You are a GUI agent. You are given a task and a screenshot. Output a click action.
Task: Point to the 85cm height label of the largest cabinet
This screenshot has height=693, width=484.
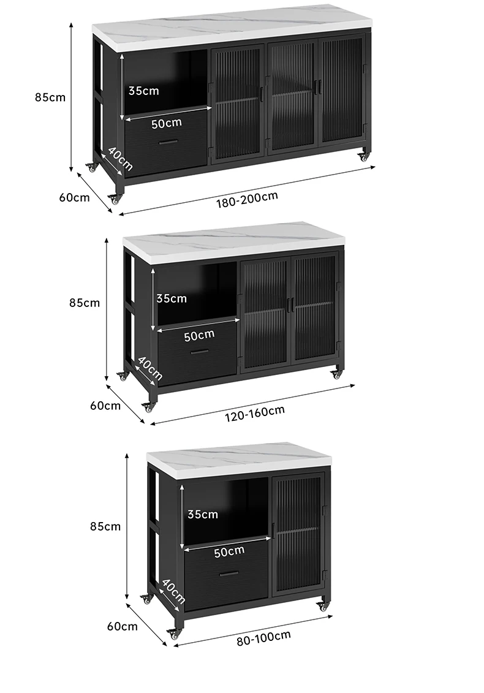(50, 97)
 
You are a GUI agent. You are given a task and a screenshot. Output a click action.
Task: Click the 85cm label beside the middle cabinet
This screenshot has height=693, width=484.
(85, 302)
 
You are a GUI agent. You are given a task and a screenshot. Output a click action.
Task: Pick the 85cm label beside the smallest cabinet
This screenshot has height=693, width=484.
(105, 526)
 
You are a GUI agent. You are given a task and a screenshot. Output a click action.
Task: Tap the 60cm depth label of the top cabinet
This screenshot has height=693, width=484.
(74, 197)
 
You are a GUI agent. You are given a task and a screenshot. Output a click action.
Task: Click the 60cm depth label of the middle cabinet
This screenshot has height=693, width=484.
(105, 405)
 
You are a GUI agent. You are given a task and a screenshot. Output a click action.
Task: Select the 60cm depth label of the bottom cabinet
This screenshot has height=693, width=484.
(123, 626)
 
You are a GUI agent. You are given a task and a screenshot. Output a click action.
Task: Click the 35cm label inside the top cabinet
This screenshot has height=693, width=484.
(143, 91)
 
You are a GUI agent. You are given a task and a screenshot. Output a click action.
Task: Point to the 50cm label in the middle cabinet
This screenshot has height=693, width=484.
(199, 335)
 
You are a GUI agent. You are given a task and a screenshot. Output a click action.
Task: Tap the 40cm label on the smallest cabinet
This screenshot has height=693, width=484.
(173, 591)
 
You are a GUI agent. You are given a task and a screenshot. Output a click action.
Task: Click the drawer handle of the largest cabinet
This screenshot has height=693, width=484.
(168, 142)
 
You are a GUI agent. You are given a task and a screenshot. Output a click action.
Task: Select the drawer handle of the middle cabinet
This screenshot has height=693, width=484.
(199, 352)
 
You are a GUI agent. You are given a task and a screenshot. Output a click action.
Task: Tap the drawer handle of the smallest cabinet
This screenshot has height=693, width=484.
(229, 574)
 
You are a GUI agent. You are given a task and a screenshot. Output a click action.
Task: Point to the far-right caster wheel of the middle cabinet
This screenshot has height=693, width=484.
(336, 374)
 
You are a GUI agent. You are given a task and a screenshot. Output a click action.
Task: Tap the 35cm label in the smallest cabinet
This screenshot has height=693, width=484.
(203, 514)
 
